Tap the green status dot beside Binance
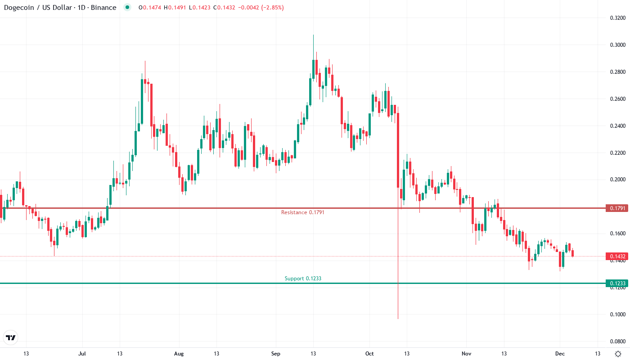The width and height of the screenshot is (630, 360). coord(127,8)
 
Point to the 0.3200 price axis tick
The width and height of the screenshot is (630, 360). coord(617,18)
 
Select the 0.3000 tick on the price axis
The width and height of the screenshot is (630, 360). coord(617,45)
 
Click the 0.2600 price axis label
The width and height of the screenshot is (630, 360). coord(617,99)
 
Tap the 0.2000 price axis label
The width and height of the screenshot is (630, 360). coord(617,180)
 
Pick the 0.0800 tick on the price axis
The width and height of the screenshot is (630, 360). coord(617,342)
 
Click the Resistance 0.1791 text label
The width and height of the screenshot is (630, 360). coord(302,212)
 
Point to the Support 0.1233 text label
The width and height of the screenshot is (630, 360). coord(303,279)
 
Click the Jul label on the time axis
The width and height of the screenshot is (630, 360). coord(82,354)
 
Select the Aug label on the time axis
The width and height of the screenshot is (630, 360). coord(179,354)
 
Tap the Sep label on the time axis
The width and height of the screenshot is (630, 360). coord(275,354)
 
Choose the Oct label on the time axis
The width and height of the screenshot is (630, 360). coord(369,354)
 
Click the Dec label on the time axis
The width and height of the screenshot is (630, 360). coord(559,354)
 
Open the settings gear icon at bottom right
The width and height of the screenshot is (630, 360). coord(618,354)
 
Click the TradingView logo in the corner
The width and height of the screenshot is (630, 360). coord(11,337)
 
